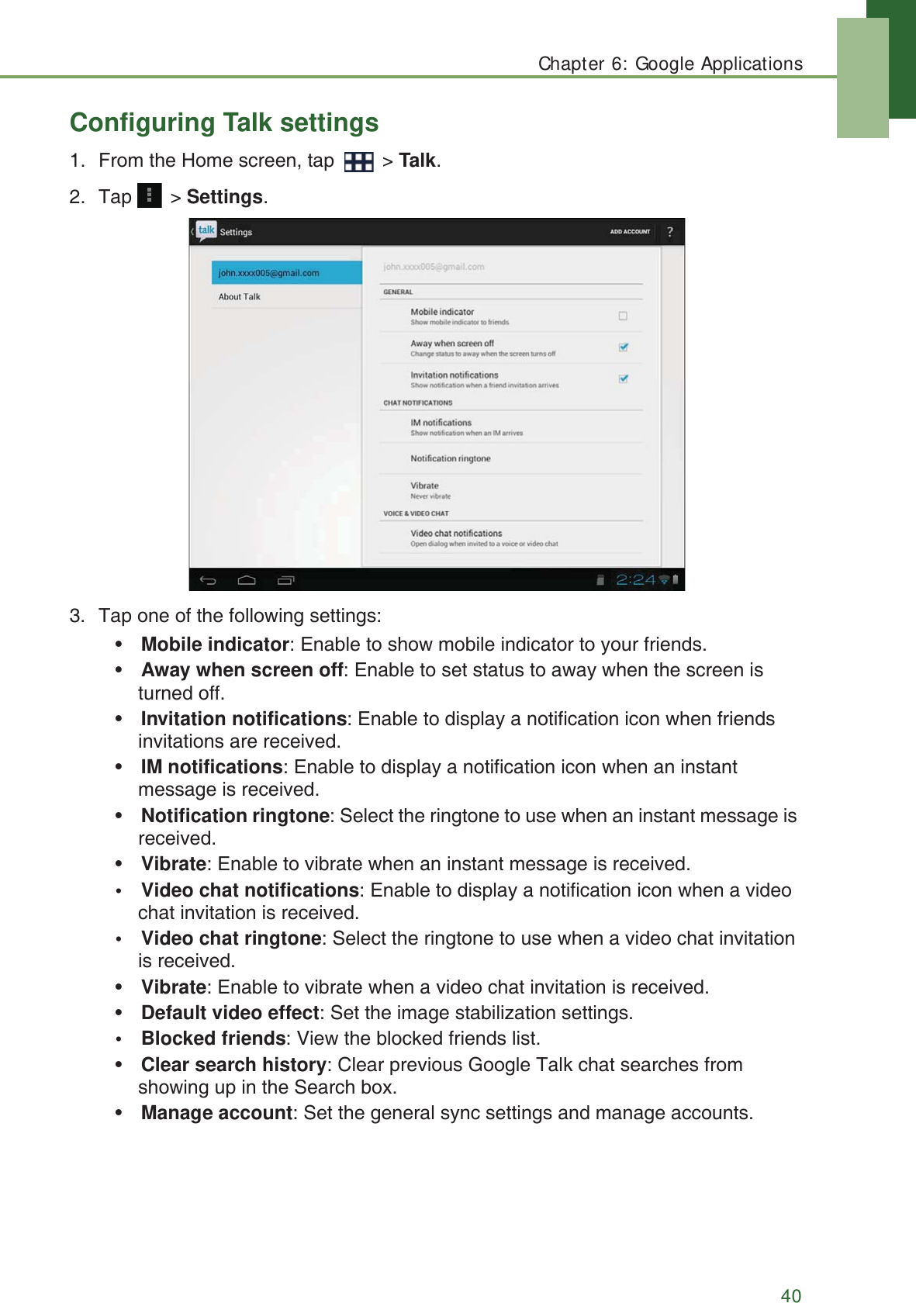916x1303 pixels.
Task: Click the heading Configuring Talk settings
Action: point(224,123)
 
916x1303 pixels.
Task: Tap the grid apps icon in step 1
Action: point(358,161)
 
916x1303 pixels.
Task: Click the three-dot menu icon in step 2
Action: point(149,195)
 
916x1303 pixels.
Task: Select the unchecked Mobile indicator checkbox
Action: point(623,316)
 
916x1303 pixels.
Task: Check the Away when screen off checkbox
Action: point(623,347)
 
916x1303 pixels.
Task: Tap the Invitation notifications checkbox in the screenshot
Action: point(623,378)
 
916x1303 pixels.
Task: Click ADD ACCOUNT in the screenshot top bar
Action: point(630,232)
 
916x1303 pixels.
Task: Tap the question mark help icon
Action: point(670,232)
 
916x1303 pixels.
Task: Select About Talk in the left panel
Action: point(240,297)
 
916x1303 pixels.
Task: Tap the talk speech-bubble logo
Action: point(206,230)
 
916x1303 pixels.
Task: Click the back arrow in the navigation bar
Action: point(208,580)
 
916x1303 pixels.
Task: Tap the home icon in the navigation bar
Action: point(247,580)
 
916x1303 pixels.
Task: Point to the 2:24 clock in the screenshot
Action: point(635,580)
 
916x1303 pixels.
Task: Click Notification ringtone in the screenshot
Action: point(451,458)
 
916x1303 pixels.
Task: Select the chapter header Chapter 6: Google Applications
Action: point(670,64)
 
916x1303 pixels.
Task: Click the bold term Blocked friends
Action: point(213,1039)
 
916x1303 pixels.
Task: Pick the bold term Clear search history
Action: point(233,1065)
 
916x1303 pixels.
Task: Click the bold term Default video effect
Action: point(230,1013)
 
